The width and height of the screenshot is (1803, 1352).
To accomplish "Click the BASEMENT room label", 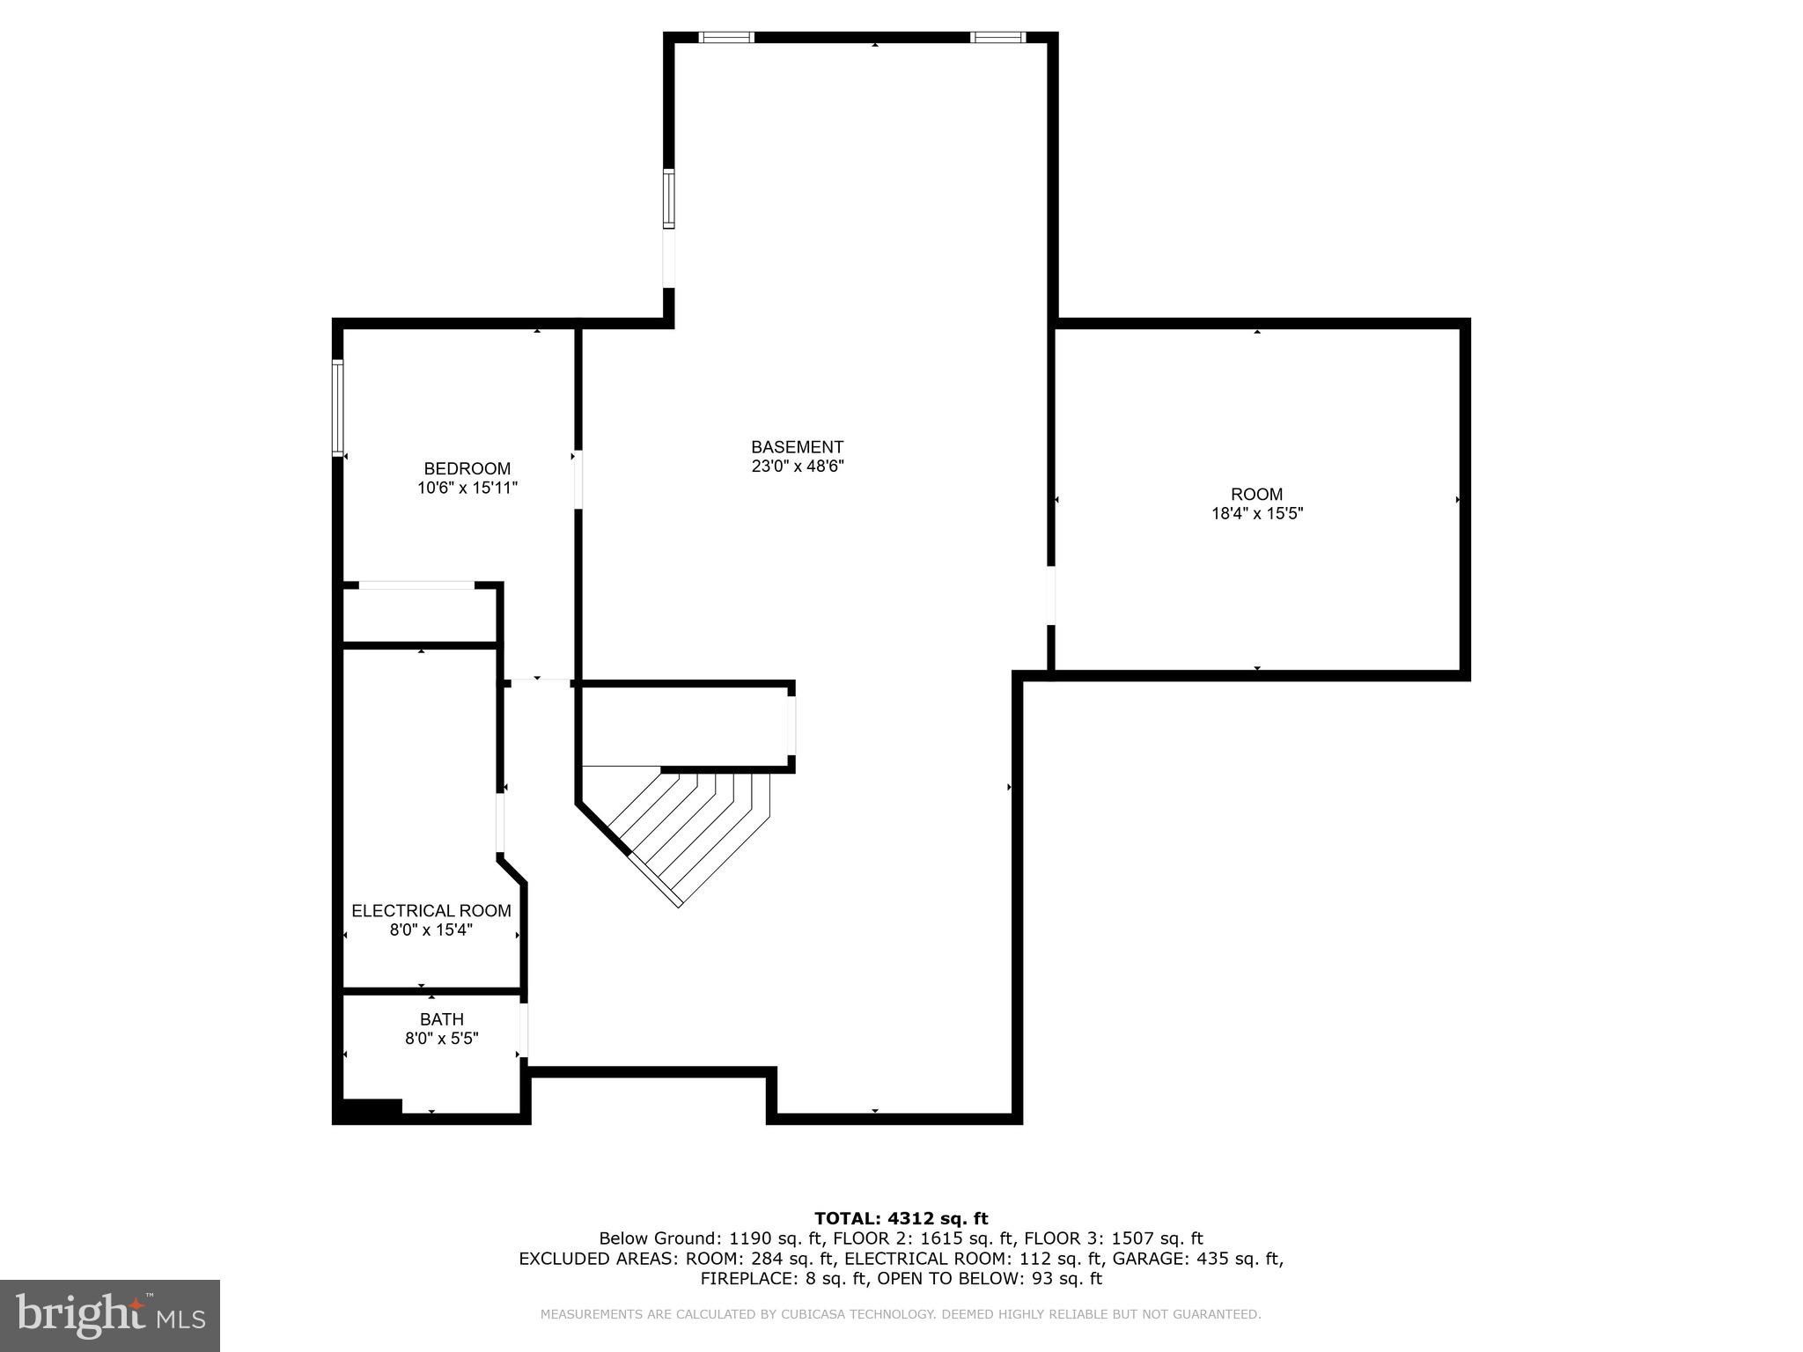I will pyautogui.click(x=797, y=447).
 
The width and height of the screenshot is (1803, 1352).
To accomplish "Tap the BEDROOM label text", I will pyautogui.click(x=467, y=468).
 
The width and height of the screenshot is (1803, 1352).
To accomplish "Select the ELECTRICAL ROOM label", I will pyautogui.click(x=431, y=911).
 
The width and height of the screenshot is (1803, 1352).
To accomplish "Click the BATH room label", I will pyautogui.click(x=441, y=1019).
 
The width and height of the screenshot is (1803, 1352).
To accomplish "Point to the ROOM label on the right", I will pyautogui.click(x=1256, y=495).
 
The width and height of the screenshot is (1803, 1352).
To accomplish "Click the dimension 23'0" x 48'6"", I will pyautogui.click(x=797, y=467).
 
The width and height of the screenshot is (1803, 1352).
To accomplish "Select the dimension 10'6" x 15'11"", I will pyautogui.click(x=467, y=488).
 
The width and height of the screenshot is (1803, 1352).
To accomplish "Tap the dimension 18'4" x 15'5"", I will pyautogui.click(x=1256, y=514).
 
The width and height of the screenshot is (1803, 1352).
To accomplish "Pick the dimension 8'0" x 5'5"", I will pyautogui.click(x=441, y=1039).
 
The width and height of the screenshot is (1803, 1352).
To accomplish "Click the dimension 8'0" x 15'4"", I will pyautogui.click(x=431, y=930).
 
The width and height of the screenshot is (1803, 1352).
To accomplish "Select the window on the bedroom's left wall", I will pyautogui.click(x=337, y=408).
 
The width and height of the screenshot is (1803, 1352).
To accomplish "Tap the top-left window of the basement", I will pyautogui.click(x=726, y=38).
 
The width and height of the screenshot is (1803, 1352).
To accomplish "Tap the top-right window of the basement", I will pyautogui.click(x=998, y=38).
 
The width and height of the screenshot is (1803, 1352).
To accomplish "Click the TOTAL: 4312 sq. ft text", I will pyautogui.click(x=901, y=1218).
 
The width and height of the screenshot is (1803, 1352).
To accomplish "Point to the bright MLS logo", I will pyautogui.click(x=109, y=1315).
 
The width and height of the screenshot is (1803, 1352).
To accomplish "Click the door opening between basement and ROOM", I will pyautogui.click(x=1050, y=595).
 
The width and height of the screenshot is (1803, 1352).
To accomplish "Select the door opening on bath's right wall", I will pyautogui.click(x=524, y=1031).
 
